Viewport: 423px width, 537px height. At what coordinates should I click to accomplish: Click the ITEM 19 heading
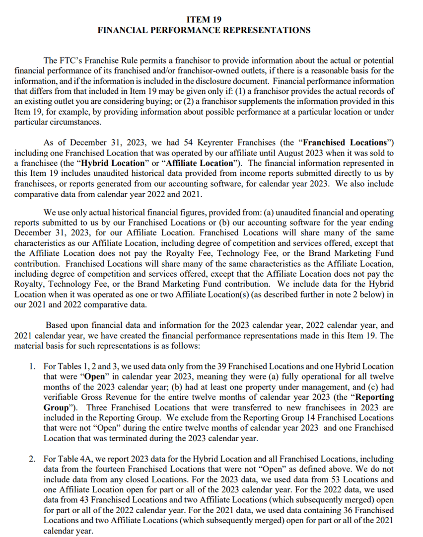pyautogui.click(x=204, y=20)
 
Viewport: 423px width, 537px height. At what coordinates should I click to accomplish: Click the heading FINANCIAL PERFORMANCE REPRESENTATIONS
pyautogui.click(x=204, y=30)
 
